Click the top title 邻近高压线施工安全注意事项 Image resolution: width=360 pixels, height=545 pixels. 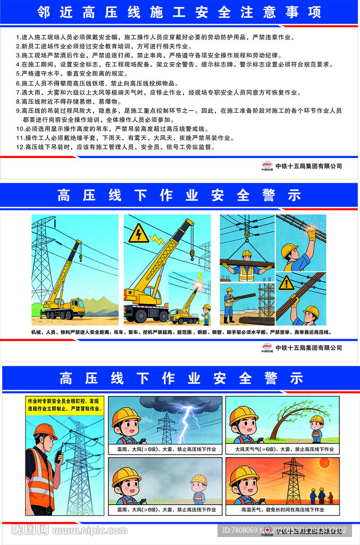click(x=180, y=12)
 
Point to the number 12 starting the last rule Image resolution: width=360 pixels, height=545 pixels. click(x=20, y=146)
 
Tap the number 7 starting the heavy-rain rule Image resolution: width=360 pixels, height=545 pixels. click(x=18, y=92)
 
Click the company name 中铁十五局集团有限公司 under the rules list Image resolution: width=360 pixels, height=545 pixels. click(x=308, y=166)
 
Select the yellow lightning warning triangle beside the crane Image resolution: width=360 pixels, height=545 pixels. click(x=139, y=233)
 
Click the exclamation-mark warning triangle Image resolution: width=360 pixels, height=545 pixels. click(x=287, y=283)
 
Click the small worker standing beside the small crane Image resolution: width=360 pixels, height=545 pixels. click(x=206, y=314)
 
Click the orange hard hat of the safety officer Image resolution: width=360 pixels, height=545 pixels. click(x=45, y=430)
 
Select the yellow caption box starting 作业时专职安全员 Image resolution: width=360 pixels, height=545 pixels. click(x=63, y=405)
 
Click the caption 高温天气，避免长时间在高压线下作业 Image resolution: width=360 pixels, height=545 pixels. click(x=282, y=509)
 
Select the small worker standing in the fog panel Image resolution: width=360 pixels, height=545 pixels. click(x=198, y=489)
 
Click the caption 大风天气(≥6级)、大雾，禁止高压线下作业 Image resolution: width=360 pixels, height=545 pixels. click(x=282, y=449)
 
